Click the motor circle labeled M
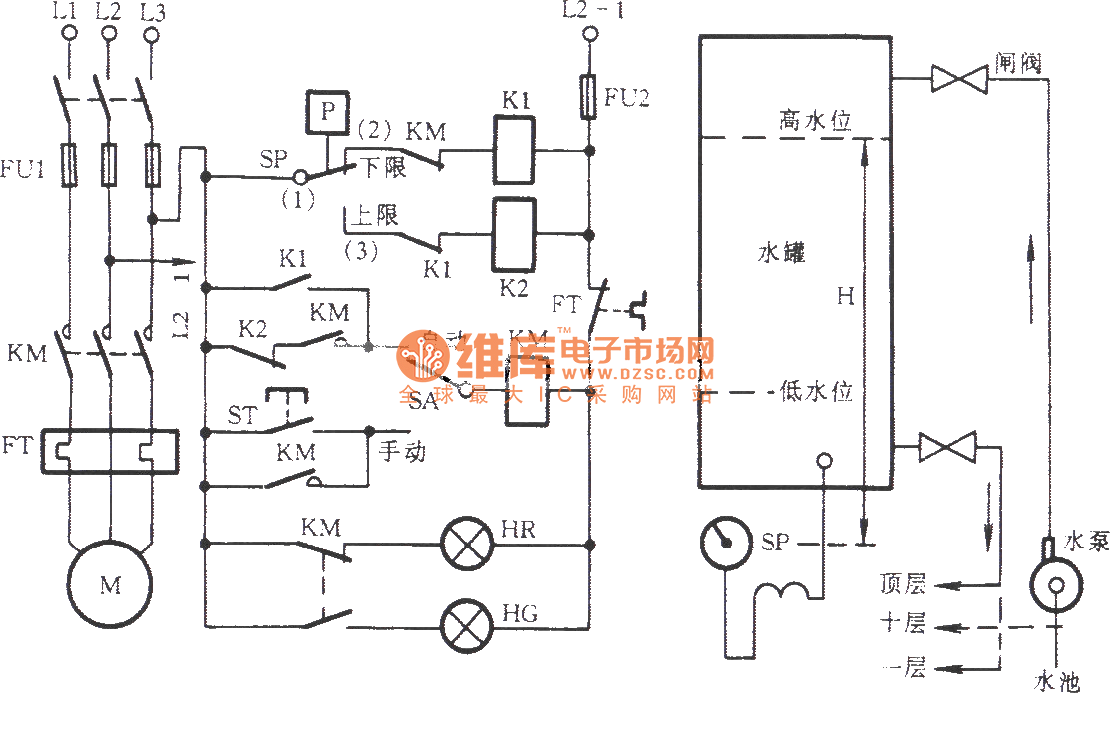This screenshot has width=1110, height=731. (x=109, y=585)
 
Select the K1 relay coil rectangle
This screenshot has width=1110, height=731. (x=515, y=151)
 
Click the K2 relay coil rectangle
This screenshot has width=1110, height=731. (x=515, y=235)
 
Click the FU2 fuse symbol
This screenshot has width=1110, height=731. (x=589, y=96)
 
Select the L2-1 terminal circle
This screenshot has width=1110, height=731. (x=589, y=35)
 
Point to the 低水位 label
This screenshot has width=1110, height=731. (x=816, y=392)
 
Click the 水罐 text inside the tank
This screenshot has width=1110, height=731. (x=781, y=253)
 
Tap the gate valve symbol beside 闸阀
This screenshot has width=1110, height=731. (x=958, y=79)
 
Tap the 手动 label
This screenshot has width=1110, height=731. (x=402, y=451)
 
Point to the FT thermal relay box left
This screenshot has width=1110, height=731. (x=109, y=451)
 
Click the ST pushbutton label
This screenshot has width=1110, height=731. (x=241, y=414)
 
